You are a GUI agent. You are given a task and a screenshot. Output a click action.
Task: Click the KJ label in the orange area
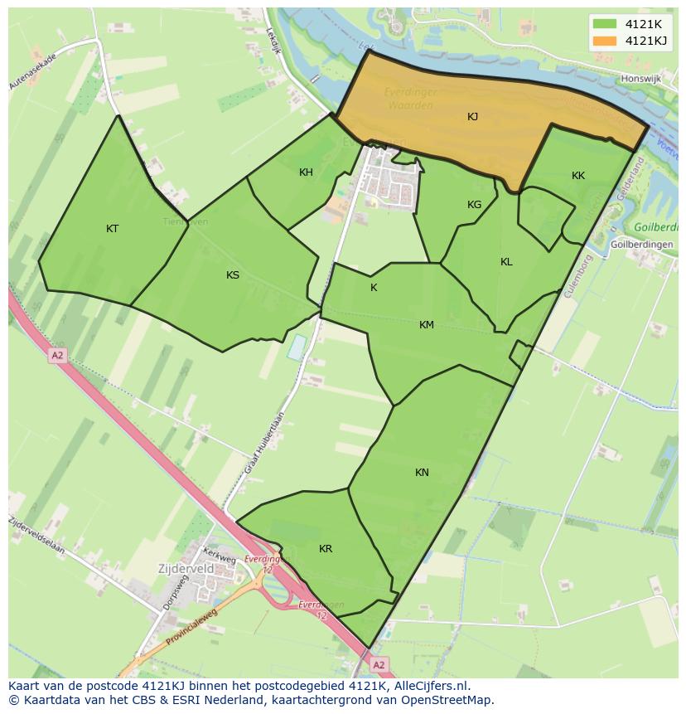pyautogui.click(x=472, y=117)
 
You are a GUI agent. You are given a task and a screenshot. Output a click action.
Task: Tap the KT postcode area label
pyautogui.click(x=113, y=229)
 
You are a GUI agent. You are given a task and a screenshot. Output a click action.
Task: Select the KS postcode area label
pyautogui.click(x=233, y=275)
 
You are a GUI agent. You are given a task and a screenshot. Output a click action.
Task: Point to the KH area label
pyautogui.click(x=306, y=172)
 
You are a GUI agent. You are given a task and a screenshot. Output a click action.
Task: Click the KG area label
pyautogui.click(x=474, y=205)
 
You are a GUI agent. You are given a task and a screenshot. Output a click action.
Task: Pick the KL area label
pyautogui.click(x=506, y=262)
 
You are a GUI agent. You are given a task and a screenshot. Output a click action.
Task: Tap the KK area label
pyautogui.click(x=578, y=176)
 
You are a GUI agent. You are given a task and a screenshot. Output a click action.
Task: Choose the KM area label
pyautogui.click(x=427, y=325)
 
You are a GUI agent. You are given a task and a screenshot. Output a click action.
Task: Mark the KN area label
pyautogui.click(x=422, y=473)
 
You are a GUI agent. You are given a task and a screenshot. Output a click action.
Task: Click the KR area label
pyautogui.click(x=326, y=549)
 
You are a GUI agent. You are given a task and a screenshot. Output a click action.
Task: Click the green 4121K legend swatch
pyautogui.click(x=605, y=24)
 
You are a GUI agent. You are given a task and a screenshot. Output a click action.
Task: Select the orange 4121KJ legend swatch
pyautogui.click(x=605, y=41)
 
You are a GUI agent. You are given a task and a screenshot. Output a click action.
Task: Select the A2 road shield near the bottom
pyautogui.click(x=378, y=665)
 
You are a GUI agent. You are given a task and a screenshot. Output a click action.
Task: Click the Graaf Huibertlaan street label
pyautogui.click(x=265, y=444)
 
